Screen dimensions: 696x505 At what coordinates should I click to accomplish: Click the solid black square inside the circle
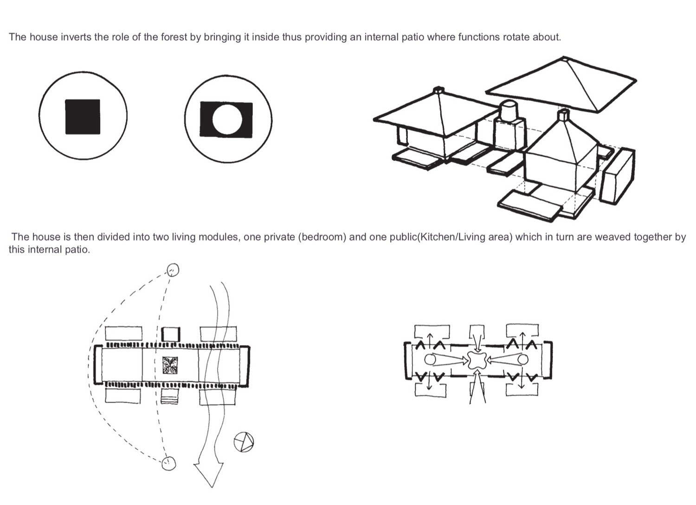pos(83,117)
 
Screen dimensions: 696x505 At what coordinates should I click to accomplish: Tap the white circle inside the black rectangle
pos(227,120)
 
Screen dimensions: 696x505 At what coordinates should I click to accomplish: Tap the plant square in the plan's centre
pos(170,365)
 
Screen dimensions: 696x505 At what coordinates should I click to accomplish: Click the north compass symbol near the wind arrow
pos(244,442)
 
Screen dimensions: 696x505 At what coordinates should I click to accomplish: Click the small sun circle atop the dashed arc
pos(173,270)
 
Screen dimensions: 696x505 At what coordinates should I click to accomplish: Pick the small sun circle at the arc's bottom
pos(169,464)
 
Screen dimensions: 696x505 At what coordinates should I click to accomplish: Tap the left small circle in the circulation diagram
pos(430,360)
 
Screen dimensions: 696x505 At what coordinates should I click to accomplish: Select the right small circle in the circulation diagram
pos(523,360)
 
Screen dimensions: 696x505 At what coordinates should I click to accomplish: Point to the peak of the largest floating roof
pos(563,58)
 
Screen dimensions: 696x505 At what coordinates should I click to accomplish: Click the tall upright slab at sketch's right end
pos(617,175)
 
